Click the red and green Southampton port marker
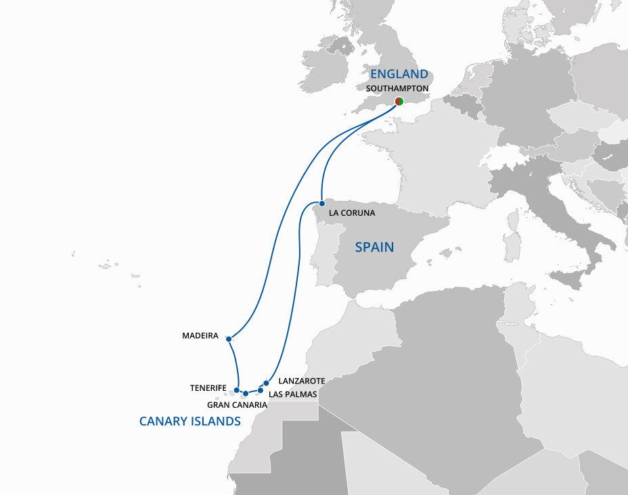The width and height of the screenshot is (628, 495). (399, 101)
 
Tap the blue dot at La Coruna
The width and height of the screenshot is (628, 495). (322, 203)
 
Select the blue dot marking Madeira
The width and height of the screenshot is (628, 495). (229, 338)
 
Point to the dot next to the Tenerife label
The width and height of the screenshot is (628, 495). (237, 390)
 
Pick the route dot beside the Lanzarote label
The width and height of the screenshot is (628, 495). (266, 383)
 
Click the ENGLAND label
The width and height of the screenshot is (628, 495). (399, 74)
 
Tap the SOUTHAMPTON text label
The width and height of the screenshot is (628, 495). (397, 89)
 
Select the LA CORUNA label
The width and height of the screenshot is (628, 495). (351, 213)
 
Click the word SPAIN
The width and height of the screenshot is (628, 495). (374, 247)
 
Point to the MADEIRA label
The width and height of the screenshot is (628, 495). (200, 335)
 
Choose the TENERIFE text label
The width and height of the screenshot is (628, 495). (208, 388)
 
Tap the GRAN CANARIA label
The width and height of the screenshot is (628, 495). (237, 405)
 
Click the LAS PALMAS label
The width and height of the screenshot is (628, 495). (292, 394)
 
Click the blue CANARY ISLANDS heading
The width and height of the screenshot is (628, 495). (190, 421)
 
